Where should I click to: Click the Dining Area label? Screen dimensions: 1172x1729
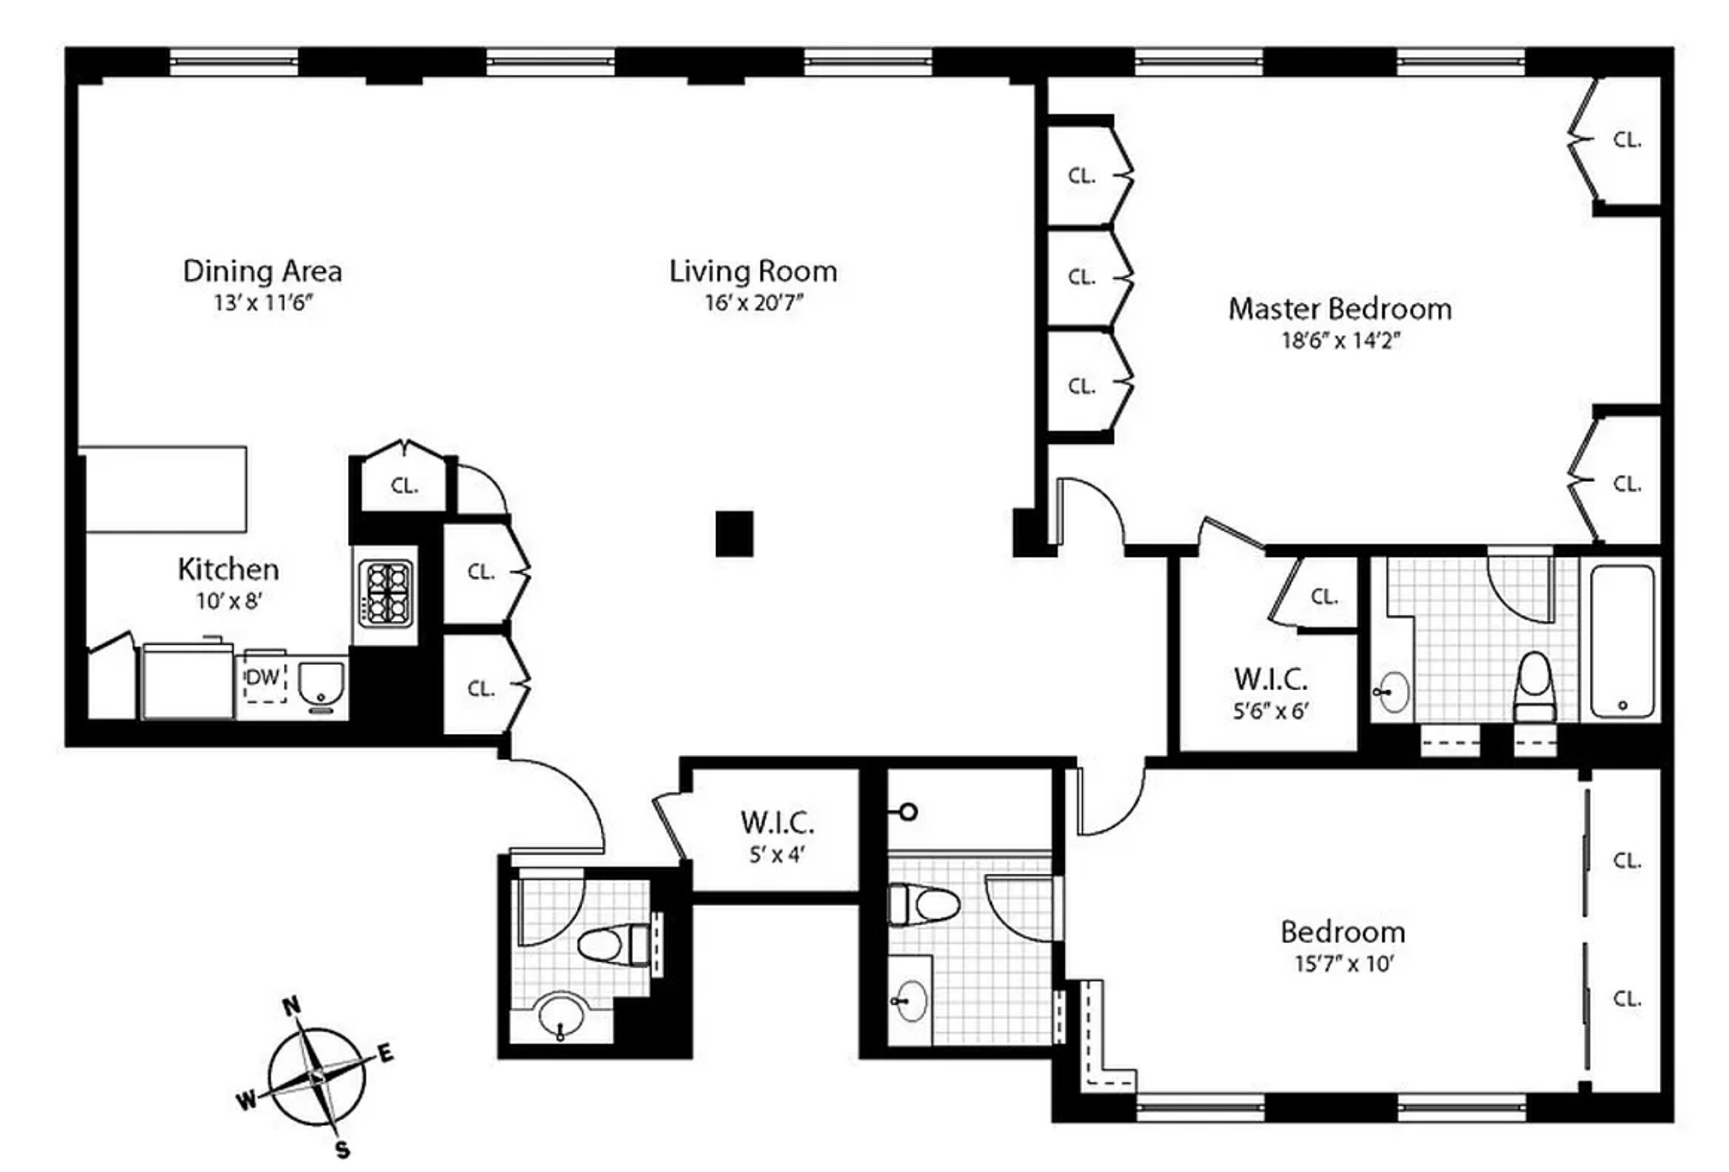coord(262,272)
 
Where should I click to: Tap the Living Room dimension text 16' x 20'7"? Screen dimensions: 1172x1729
coord(754,303)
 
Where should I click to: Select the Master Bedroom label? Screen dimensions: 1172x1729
coord(1339,309)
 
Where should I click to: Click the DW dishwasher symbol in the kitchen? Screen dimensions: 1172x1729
coord(264,679)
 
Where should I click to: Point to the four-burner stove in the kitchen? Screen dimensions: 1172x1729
coord(385,592)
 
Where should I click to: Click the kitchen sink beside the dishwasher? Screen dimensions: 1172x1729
coord(321,683)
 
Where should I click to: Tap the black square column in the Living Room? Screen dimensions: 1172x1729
coord(734,534)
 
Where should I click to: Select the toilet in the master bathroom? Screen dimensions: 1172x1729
coord(1534,686)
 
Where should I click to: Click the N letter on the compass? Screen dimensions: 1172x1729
coord(292,1006)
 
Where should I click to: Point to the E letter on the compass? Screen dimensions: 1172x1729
coord(385,1053)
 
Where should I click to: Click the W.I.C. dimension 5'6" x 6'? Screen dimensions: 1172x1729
coord(1270,712)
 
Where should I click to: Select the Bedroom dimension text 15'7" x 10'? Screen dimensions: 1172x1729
coord(1344,965)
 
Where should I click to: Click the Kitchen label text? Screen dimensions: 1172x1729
coord(228,570)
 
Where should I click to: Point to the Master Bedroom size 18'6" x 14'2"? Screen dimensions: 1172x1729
coord(1340,341)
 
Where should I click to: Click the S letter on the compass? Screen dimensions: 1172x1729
coord(342,1150)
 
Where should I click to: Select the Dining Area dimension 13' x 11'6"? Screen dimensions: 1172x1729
coord(262,303)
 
